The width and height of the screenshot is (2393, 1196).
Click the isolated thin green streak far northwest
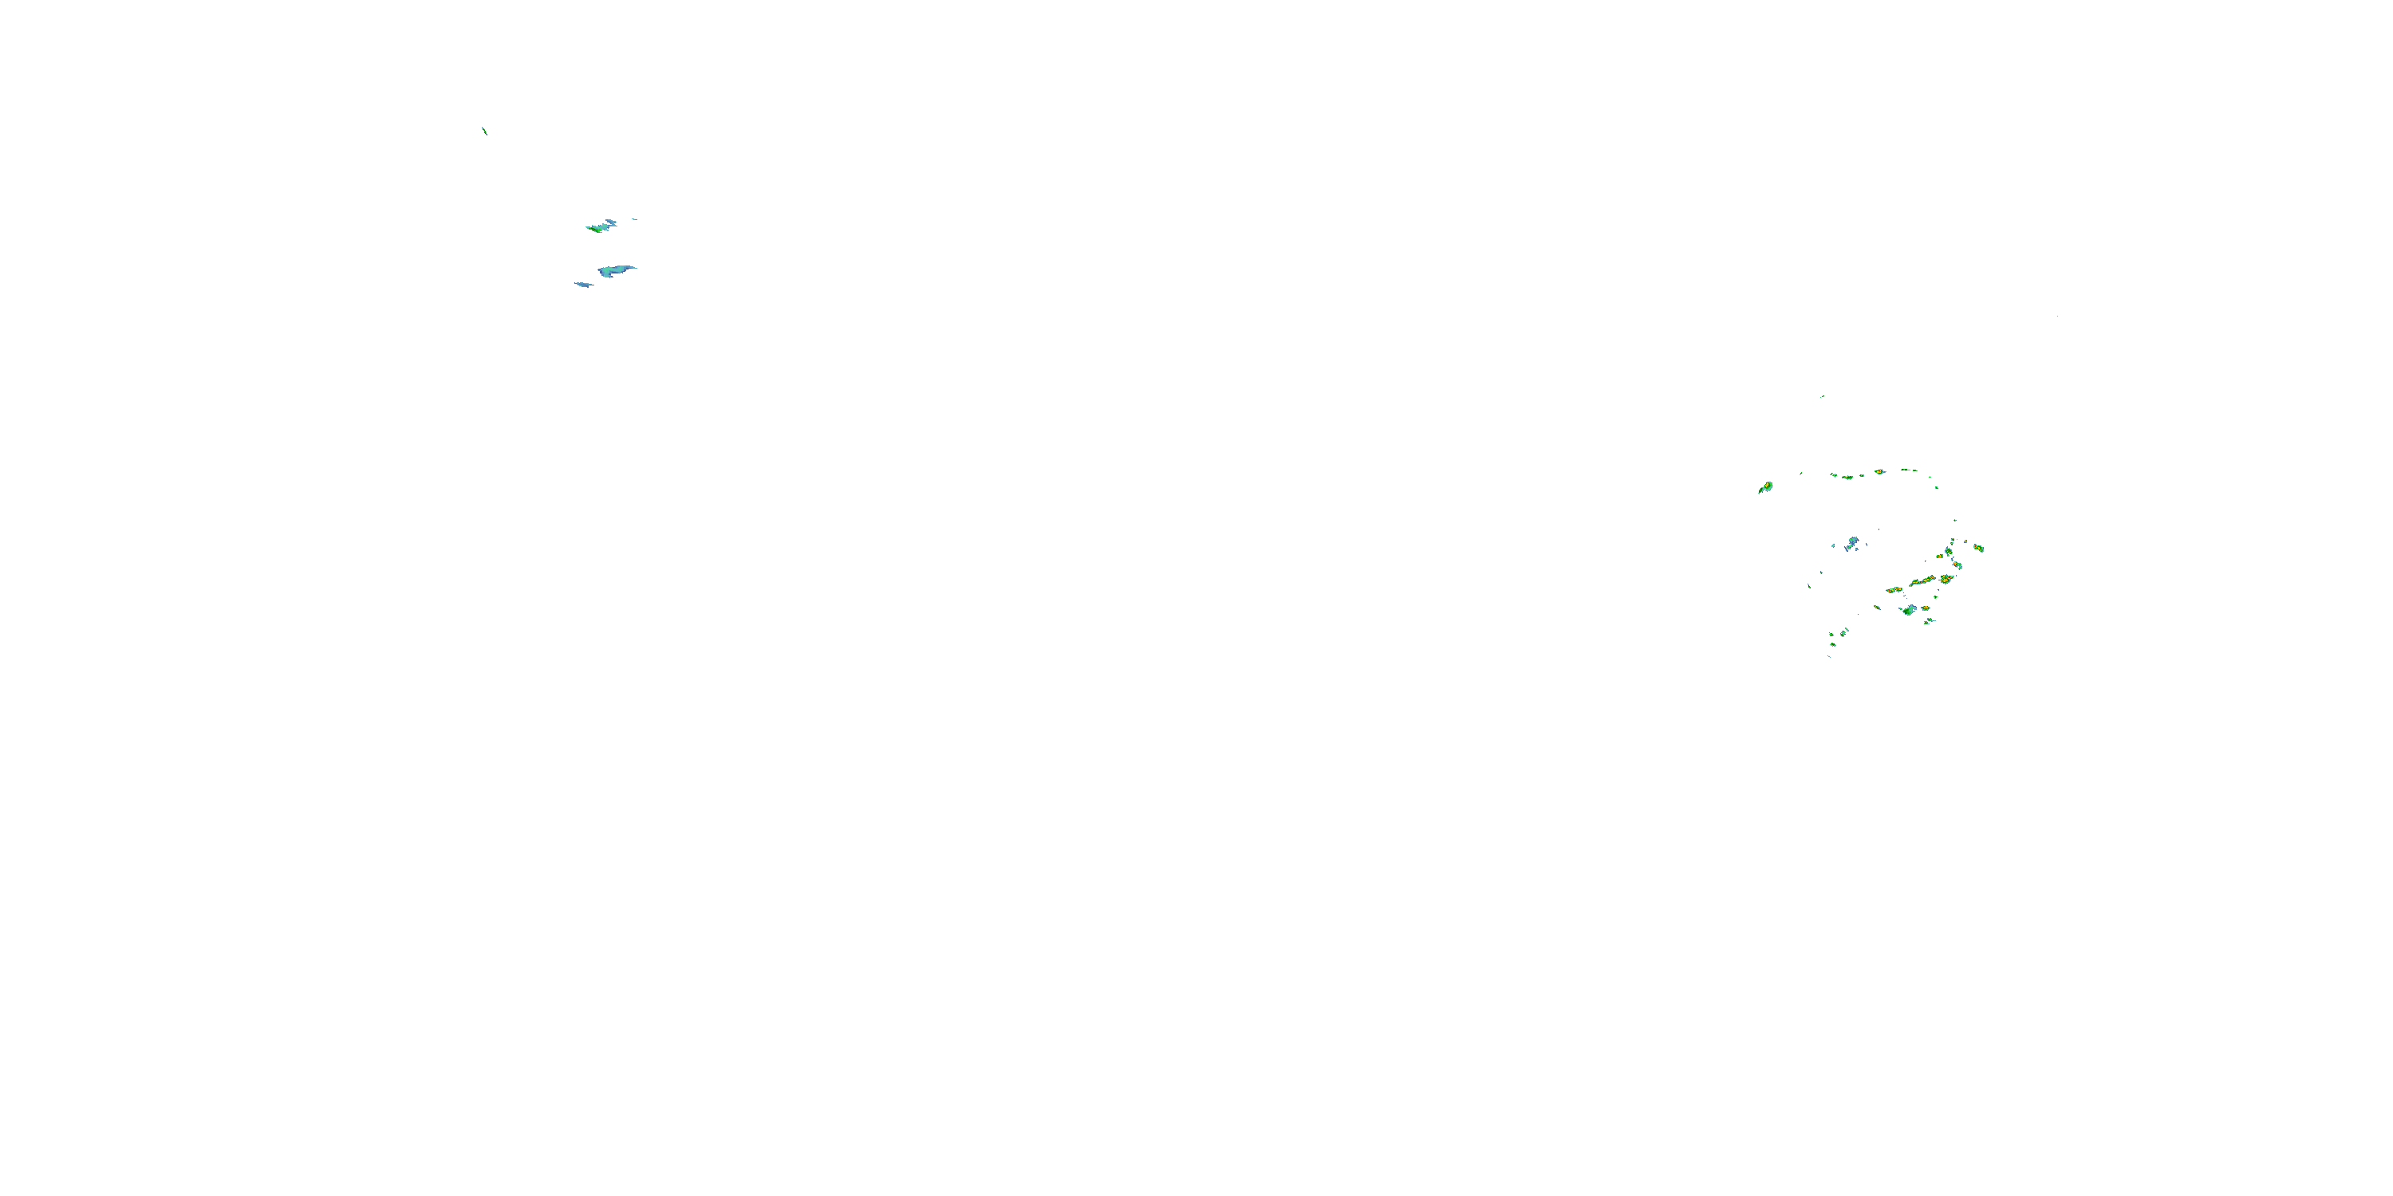485,131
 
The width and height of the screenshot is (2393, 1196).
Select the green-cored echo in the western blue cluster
597,227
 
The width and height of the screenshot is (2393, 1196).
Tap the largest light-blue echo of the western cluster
616,270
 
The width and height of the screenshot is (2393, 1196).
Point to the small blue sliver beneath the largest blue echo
583,284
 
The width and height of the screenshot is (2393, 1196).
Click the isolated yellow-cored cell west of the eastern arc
1766,486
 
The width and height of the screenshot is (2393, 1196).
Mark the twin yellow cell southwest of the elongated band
1894,590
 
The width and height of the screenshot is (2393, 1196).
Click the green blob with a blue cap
1909,610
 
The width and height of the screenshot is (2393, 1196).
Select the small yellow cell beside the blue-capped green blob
1926,608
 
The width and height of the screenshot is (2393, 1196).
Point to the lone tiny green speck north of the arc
1822,396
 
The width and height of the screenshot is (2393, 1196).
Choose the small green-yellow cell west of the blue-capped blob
1878,608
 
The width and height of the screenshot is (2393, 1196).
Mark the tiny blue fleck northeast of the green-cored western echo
634,219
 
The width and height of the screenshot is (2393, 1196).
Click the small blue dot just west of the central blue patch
1834,546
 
